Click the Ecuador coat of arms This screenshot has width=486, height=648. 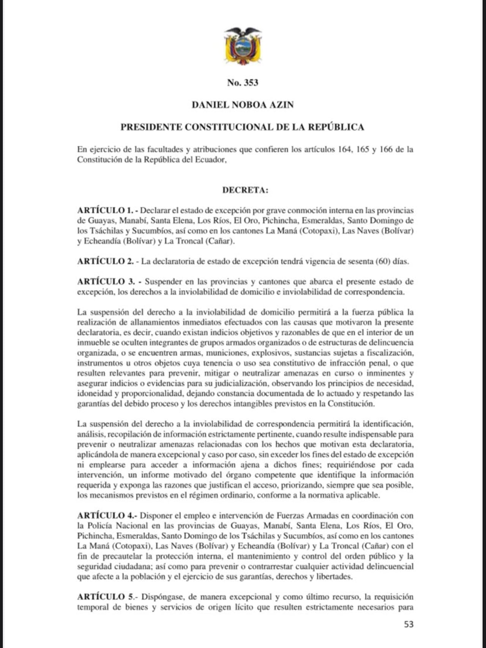tap(243, 46)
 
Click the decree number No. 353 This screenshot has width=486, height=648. tap(243, 83)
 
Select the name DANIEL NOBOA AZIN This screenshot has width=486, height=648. tap(243, 105)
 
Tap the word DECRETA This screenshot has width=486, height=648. tap(245, 190)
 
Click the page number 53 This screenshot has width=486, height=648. tap(409, 624)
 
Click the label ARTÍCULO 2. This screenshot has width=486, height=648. tap(105, 261)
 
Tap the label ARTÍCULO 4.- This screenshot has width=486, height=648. tap(107, 516)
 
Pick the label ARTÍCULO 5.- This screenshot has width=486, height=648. tap(107, 597)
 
